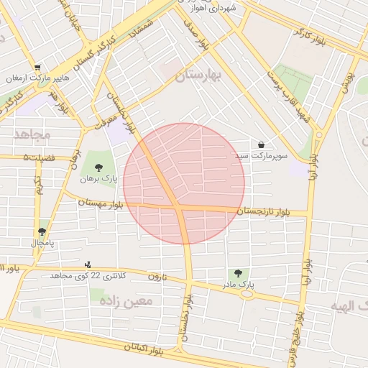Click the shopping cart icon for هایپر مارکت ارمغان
[x=47, y=67]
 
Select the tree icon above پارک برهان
[x=98, y=167]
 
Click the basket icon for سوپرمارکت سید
[x=259, y=144]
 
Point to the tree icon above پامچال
[x=42, y=231]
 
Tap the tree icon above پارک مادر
[x=238, y=273]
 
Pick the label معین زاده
[x=128, y=300]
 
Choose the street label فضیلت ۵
[x=37, y=156]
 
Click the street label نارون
[x=157, y=277]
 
